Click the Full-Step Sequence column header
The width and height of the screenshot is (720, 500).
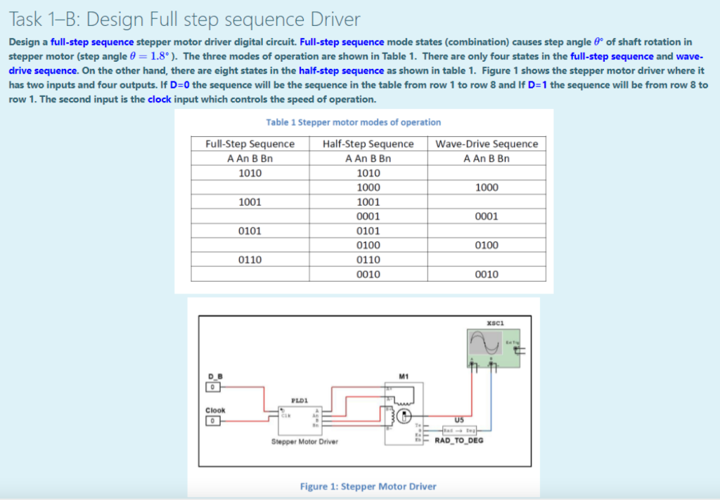tap(250, 144)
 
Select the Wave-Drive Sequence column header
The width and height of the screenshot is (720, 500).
tap(487, 144)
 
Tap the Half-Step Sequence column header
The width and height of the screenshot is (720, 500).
tap(368, 144)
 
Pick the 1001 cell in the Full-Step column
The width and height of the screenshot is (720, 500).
tap(250, 202)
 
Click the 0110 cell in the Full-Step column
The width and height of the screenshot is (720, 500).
tap(250, 259)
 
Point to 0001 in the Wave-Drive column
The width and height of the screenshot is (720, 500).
tap(487, 216)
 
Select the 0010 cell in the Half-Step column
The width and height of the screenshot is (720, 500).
tap(368, 274)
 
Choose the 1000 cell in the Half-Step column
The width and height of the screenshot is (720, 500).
tap(368, 187)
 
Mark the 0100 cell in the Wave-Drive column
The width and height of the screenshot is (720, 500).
tap(487, 245)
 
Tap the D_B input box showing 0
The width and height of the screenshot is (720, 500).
tap(210, 387)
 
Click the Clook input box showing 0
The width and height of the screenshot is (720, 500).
tap(210, 421)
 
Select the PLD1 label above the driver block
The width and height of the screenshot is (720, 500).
tap(300, 401)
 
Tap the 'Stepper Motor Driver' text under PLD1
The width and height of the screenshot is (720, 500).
tap(304, 442)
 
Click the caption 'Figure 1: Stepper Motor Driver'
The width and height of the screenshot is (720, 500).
tap(368, 486)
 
